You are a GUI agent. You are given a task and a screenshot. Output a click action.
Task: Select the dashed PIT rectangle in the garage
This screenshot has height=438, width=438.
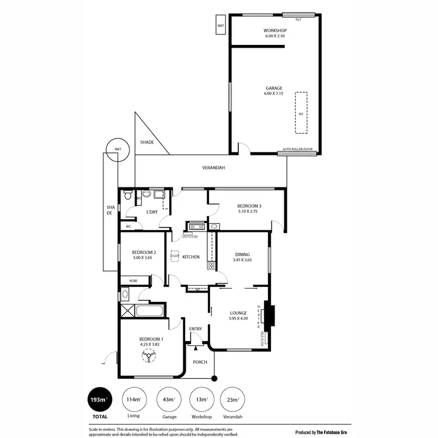[x=301, y=114]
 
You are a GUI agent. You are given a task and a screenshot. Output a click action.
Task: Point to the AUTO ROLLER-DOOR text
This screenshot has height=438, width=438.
[x=298, y=150]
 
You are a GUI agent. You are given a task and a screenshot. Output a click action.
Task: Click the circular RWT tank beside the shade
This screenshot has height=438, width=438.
[x=118, y=150]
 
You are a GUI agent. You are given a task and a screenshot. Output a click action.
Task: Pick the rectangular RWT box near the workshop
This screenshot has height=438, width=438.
[x=221, y=26]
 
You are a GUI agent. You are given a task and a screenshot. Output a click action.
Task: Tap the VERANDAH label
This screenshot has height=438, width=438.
[x=214, y=168]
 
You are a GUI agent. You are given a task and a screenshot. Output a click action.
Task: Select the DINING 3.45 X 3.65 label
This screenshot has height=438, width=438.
[x=242, y=257]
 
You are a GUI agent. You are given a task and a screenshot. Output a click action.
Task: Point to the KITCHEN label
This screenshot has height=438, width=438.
[x=191, y=257]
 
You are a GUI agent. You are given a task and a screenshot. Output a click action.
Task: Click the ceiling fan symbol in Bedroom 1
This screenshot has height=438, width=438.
[x=150, y=356]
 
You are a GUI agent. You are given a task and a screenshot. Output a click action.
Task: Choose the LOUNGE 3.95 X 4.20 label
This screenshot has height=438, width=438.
[x=239, y=315]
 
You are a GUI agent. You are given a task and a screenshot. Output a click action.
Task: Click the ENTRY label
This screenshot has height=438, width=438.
[x=196, y=329]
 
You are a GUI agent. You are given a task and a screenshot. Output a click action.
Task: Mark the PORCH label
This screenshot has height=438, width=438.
[x=200, y=362]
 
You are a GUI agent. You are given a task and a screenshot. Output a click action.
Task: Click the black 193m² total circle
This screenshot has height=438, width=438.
[x=100, y=400]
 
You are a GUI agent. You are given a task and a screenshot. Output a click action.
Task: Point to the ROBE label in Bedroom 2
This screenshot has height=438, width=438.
[x=133, y=281]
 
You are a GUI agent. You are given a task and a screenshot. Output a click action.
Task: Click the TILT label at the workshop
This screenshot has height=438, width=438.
[x=298, y=19]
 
